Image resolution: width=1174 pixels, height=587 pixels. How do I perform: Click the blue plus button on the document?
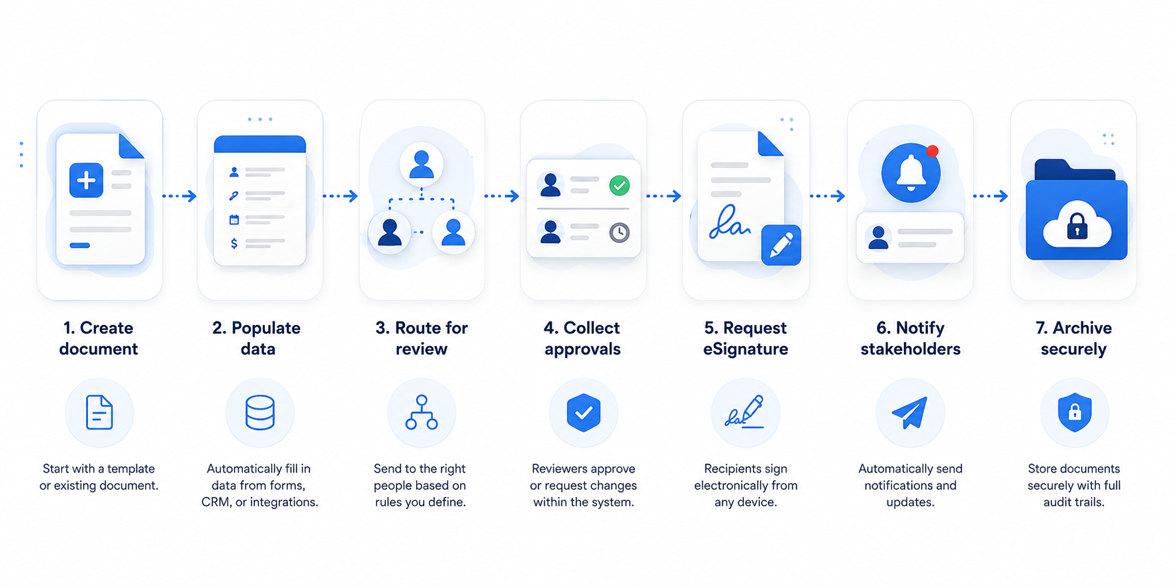pos(86,180)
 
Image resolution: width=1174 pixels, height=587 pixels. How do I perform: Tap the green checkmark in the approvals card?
pos(619,186)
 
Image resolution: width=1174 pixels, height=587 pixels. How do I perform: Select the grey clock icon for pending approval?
pos(619,232)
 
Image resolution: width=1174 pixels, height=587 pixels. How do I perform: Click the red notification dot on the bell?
pos(932,152)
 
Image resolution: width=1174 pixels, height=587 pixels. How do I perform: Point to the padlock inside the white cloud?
pos(1077,226)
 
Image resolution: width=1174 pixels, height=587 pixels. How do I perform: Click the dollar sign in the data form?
pos(234,244)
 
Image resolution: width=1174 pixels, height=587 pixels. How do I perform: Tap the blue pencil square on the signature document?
pos(781,245)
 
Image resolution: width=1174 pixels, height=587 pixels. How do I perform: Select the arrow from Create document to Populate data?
pos(179,196)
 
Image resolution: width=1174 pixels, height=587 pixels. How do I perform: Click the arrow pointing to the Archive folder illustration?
pos(990,196)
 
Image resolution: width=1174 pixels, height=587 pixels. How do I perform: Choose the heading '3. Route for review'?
pos(422,338)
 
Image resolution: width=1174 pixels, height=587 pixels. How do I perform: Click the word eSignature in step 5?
pos(746,349)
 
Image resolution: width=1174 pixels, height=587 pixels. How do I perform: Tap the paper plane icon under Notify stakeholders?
pos(910,412)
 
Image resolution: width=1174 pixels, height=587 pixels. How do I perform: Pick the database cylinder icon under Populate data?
pos(260,413)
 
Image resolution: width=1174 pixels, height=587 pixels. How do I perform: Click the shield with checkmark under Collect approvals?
pos(584,412)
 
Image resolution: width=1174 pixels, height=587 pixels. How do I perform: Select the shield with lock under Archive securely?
pos(1075,412)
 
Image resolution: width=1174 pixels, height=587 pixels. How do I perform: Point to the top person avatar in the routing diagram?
pos(422,164)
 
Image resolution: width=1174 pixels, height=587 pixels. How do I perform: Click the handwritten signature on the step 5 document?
pos(729,222)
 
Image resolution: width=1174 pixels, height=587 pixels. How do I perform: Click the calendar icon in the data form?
pos(234,220)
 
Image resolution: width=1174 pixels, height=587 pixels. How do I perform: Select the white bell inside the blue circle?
pos(911,173)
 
